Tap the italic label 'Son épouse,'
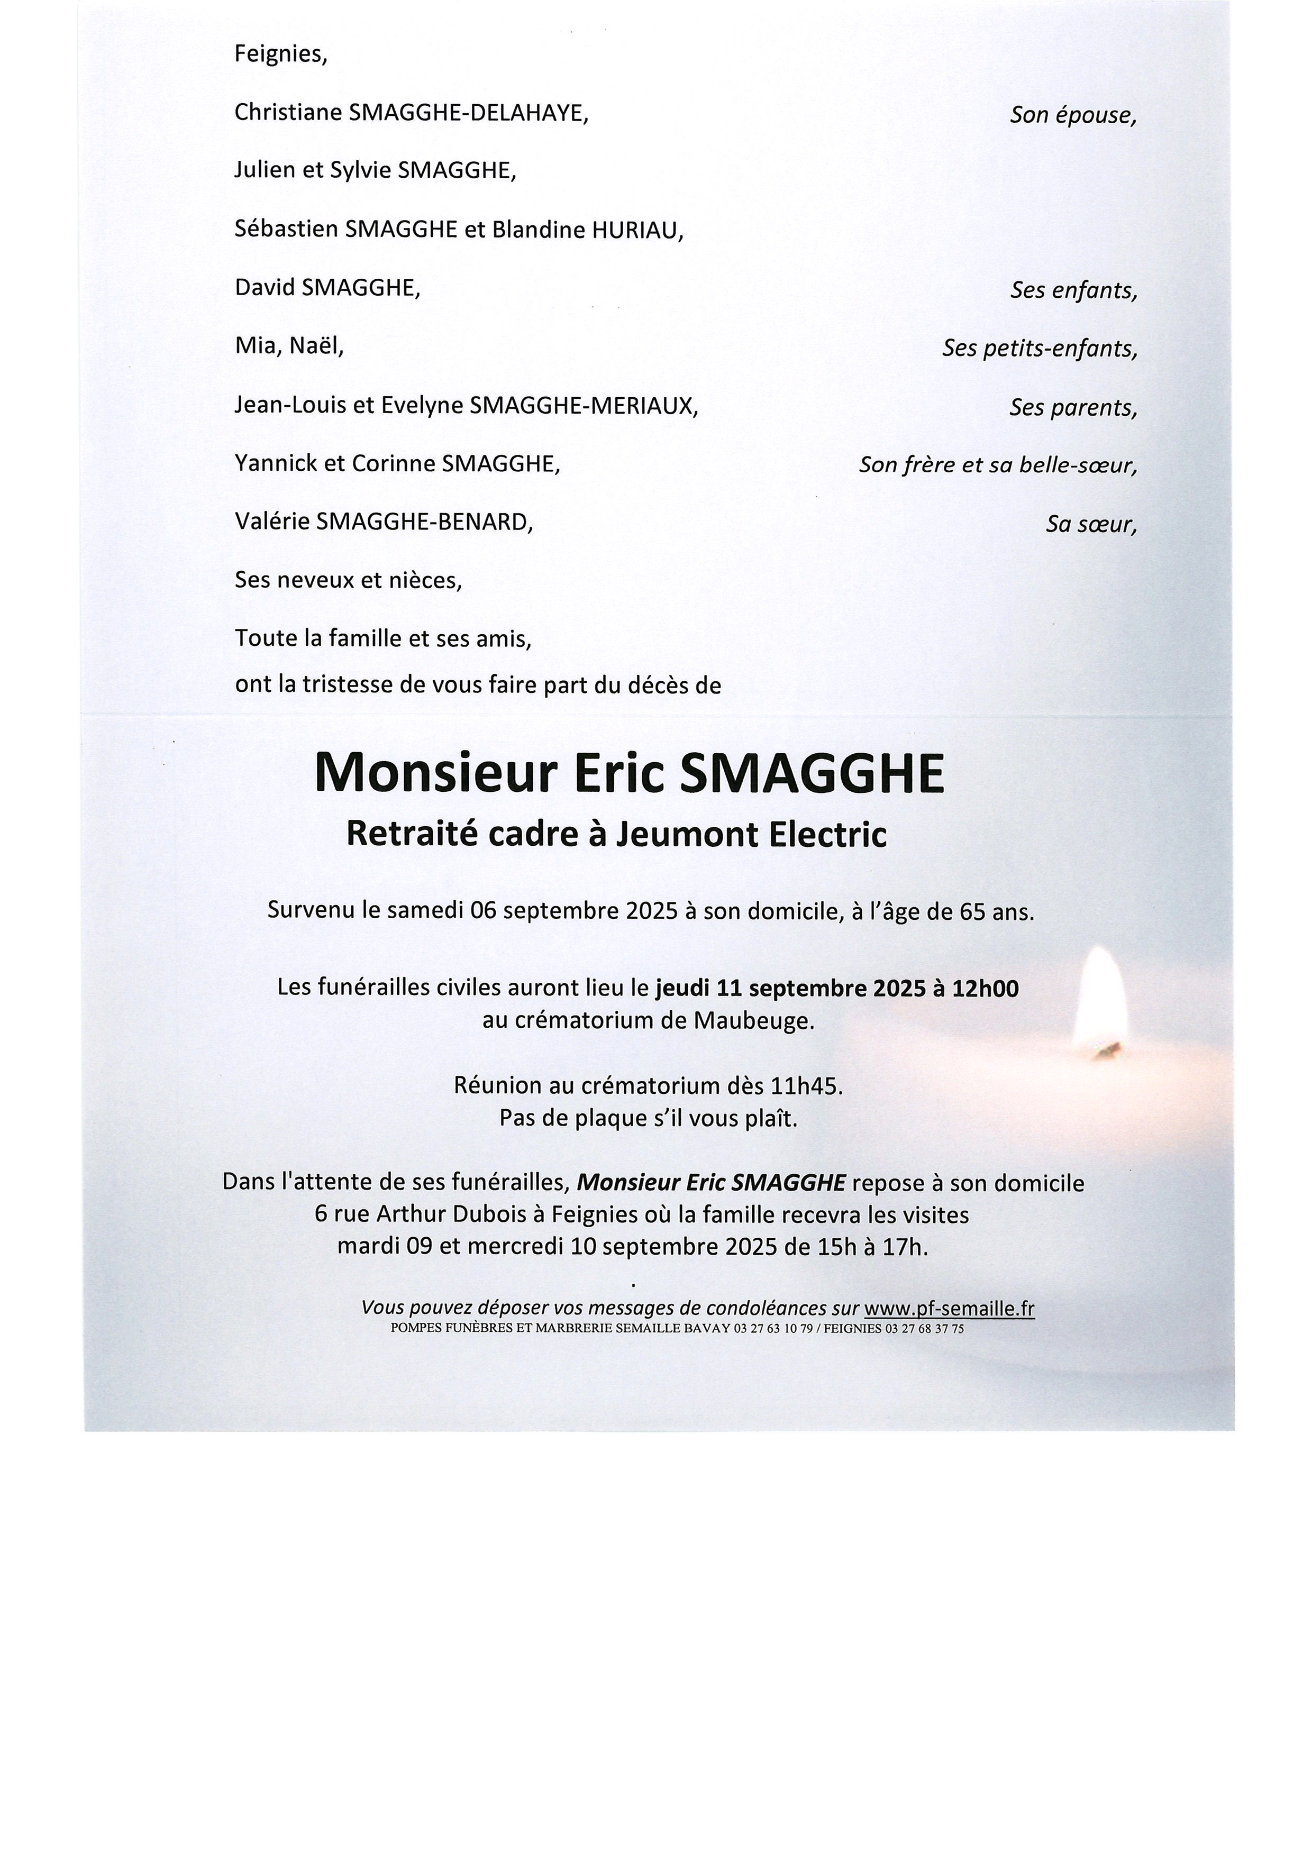click(1073, 115)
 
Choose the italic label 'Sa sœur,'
click(1091, 524)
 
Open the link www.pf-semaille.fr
click(949, 1308)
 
